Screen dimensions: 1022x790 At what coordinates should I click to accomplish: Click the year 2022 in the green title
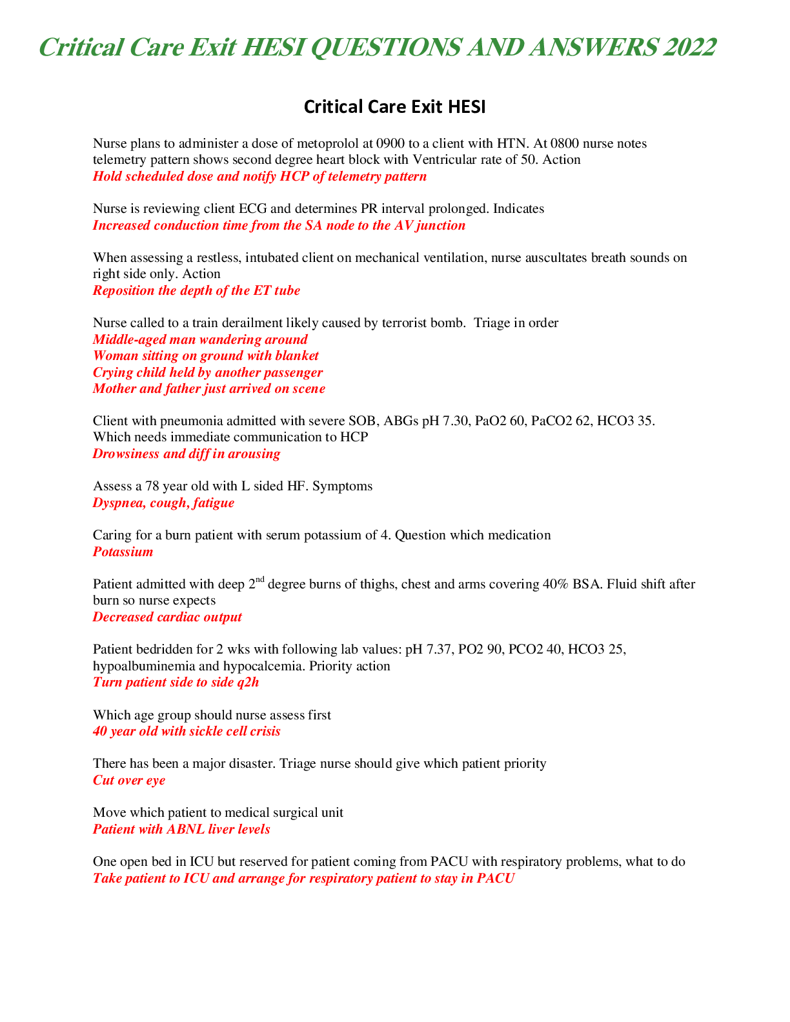[x=689, y=48]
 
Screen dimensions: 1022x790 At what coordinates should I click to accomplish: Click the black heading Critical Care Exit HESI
[x=394, y=106]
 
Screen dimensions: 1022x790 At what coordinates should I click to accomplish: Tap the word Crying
[x=112, y=372]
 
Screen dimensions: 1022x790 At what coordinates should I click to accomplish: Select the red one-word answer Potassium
[x=123, y=552]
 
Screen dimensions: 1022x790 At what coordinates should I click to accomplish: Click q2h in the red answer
[x=248, y=682]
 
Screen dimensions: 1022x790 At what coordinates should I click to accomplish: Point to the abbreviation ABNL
[x=186, y=829]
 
